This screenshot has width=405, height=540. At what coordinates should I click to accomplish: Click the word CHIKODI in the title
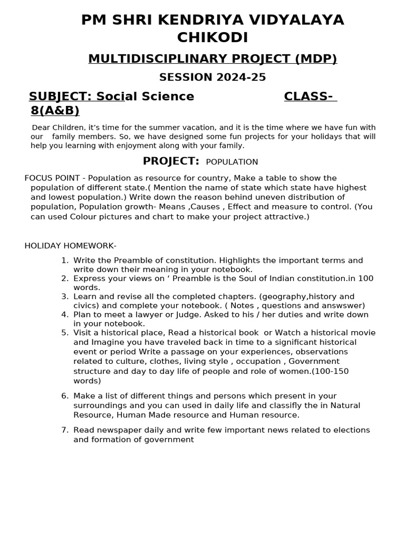[213, 38]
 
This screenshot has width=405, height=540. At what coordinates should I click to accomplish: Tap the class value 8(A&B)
[55, 111]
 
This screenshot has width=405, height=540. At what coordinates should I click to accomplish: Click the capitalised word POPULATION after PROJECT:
[232, 162]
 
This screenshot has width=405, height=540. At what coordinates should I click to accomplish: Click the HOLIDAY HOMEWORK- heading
[70, 246]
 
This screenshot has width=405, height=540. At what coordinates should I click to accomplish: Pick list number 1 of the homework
[64, 261]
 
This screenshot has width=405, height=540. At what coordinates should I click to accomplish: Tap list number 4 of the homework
[64, 315]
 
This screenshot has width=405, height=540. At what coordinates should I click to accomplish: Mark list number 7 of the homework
[64, 430]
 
